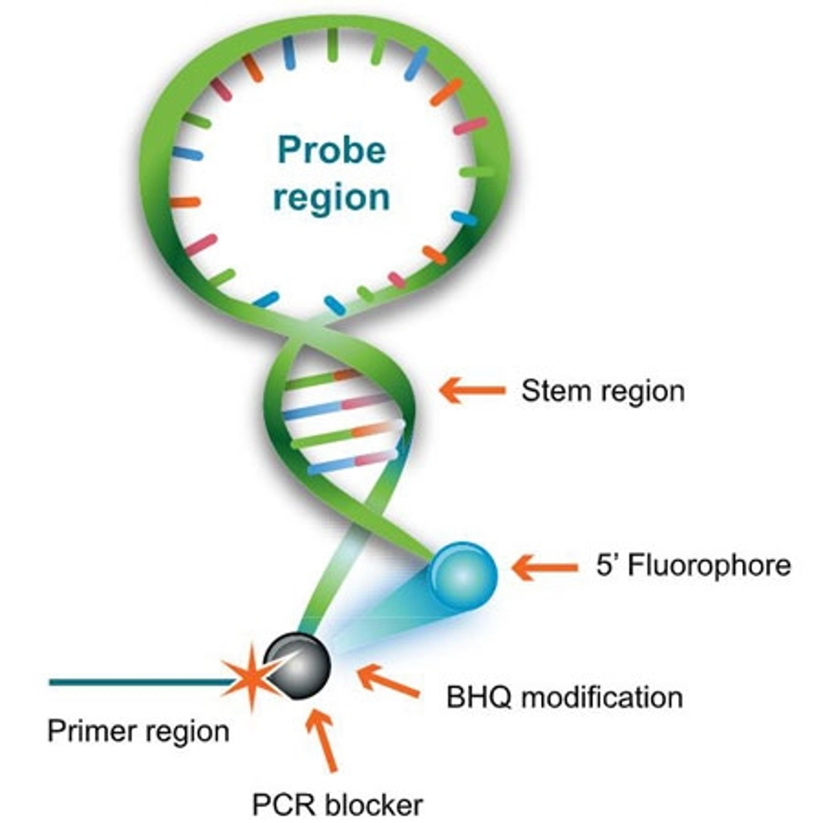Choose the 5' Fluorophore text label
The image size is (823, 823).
coord(693,566)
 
